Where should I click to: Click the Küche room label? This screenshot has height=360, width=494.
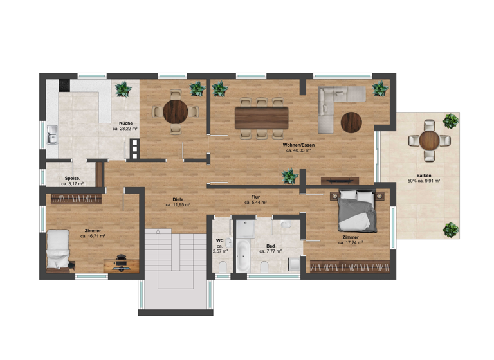coord(125,122)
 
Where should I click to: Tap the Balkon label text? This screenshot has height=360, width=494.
coord(424,174)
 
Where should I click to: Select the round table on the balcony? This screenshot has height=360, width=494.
coord(429,139)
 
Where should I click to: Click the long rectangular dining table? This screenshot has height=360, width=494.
coord(261,117)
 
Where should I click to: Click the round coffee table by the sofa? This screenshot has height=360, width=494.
coord(352,122)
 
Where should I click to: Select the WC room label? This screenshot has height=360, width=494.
coord(219,240)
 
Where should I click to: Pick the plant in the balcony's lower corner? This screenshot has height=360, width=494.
coord(451,229)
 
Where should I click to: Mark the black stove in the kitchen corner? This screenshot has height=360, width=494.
coord(64,85)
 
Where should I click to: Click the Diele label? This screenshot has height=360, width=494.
coord(178,199)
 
